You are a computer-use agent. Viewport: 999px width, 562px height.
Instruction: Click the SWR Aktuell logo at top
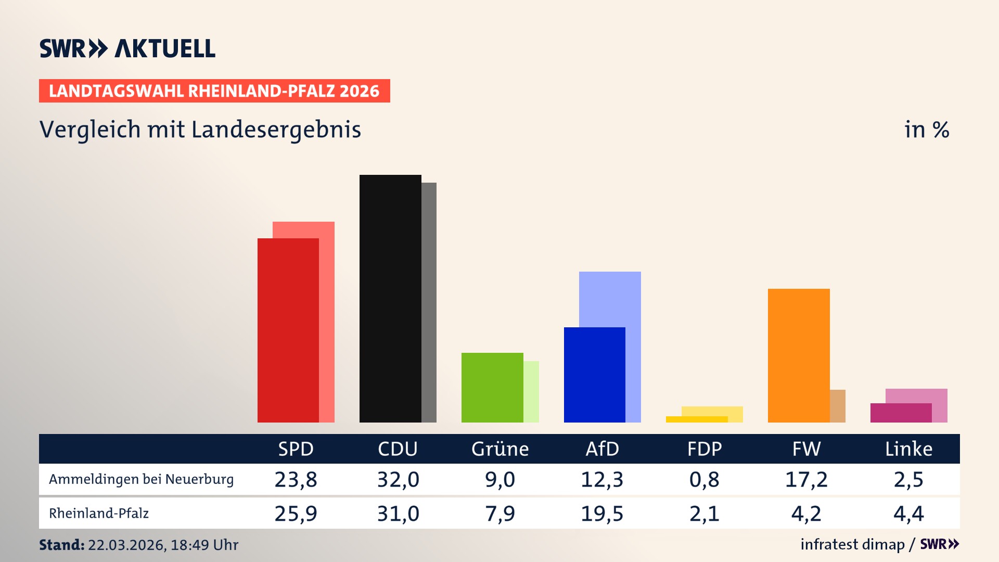pos(127,48)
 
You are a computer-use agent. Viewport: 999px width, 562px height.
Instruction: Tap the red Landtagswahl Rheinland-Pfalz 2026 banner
pos(214,91)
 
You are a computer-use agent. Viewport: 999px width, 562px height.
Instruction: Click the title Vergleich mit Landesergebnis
pos(200,130)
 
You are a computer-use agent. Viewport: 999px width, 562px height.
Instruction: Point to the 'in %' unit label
pos(926,130)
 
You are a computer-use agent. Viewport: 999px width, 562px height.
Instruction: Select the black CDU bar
pos(390,299)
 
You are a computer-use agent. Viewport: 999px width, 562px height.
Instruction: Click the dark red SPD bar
pos(288,330)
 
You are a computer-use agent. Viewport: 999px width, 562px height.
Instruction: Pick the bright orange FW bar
pos(798,355)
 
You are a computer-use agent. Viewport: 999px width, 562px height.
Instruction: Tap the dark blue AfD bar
pos(594,375)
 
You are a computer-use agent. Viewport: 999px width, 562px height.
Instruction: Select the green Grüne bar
pos(492,388)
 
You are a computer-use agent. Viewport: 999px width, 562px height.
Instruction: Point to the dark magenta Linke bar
pos(900,413)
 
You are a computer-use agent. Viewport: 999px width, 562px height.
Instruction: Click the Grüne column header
pos(499,449)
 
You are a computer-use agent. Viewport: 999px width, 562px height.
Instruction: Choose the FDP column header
pos(704,449)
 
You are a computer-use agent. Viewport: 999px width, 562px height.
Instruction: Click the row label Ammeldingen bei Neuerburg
pos(141,479)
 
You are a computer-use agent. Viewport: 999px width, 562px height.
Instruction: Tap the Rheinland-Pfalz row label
pos(99,514)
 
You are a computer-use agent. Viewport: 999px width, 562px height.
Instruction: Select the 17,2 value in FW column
pos(806,479)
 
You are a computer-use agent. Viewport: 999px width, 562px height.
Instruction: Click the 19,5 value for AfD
pos(601,514)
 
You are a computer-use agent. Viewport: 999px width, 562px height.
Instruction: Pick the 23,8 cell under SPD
pos(296,479)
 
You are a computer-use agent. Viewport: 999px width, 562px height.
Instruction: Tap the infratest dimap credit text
pos(852,544)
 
